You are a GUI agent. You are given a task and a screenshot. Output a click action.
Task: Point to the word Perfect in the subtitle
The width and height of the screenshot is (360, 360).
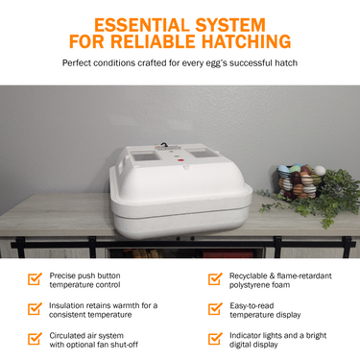(x=76, y=62)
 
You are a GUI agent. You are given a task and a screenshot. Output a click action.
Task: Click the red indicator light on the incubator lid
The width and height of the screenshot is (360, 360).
(x=180, y=159)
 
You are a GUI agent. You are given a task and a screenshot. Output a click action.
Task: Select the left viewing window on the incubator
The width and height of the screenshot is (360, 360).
(x=146, y=156)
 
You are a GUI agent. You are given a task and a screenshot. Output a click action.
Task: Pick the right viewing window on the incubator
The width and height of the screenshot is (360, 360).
(x=203, y=154)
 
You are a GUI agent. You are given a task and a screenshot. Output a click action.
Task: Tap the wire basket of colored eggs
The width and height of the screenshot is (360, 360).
(x=300, y=181)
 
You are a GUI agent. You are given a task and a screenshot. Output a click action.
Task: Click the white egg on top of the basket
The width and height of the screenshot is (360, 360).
(x=320, y=171)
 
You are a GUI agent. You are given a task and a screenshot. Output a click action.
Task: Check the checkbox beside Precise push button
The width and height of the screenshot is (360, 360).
(x=35, y=279)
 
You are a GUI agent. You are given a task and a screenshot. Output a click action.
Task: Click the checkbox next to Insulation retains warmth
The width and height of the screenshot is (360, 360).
(x=35, y=309)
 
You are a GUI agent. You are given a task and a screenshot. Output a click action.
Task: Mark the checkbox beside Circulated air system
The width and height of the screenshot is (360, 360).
(x=35, y=339)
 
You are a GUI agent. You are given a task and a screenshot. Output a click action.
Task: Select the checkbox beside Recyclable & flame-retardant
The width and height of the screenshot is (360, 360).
(x=215, y=279)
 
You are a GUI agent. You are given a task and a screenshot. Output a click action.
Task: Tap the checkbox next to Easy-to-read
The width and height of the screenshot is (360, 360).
(x=215, y=309)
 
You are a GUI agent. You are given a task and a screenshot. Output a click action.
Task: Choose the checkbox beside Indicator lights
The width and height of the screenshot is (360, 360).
(x=215, y=339)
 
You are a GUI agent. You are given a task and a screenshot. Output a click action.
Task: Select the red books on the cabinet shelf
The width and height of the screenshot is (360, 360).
(x=228, y=254)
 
